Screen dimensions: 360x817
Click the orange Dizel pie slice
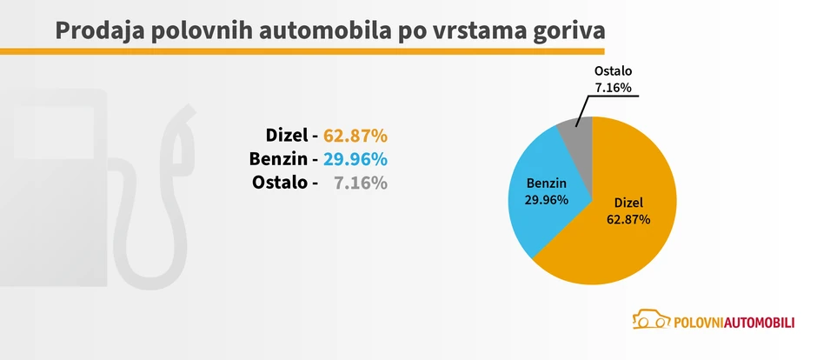[626, 235]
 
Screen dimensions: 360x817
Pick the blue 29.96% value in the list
[355, 159]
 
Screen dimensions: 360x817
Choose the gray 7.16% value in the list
[361, 183]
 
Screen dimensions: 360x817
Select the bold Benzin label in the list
[278, 159]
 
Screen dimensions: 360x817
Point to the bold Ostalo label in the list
[281, 183]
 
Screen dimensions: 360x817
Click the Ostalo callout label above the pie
[614, 70]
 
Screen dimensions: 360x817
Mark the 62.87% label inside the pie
[628, 219]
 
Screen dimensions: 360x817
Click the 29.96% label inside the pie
[546, 199]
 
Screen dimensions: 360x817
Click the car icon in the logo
[651, 320]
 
